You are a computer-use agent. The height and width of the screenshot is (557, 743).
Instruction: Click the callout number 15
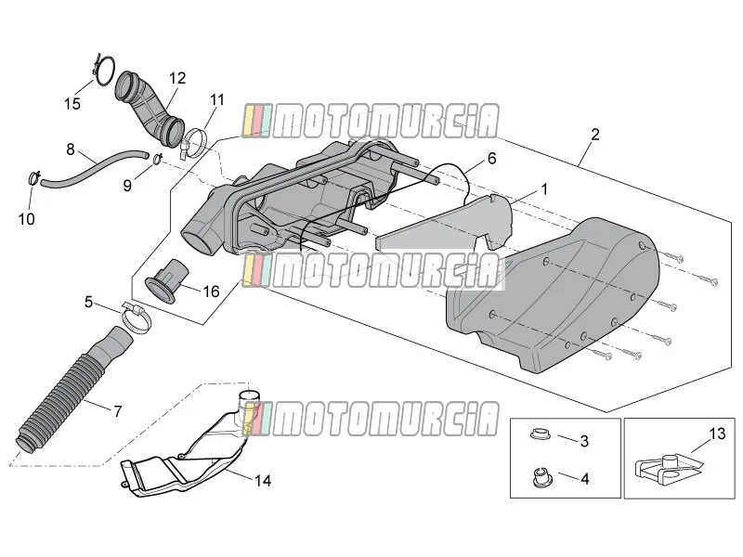click(72, 104)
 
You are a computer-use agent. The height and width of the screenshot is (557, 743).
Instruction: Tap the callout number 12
click(177, 78)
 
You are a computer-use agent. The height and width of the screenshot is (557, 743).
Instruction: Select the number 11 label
click(217, 100)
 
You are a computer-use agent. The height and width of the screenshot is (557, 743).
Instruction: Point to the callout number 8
click(71, 149)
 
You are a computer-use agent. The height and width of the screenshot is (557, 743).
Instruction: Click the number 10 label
click(27, 219)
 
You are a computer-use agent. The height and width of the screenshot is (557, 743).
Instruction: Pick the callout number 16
click(211, 291)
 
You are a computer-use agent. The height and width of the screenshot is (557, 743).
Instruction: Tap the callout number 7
click(118, 411)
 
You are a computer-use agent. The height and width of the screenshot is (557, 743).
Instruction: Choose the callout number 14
click(263, 481)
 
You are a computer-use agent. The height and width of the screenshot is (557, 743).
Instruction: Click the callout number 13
click(717, 434)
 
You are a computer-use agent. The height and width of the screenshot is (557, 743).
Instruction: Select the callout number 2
click(595, 135)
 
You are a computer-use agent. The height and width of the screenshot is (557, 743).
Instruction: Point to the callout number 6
click(492, 158)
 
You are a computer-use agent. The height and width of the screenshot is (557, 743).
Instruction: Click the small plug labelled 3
click(538, 434)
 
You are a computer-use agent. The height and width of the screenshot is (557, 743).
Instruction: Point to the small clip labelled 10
click(34, 178)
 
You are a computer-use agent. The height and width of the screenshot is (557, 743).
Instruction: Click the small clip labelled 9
click(157, 159)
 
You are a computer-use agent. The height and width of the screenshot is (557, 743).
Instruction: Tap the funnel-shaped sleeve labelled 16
click(167, 279)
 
